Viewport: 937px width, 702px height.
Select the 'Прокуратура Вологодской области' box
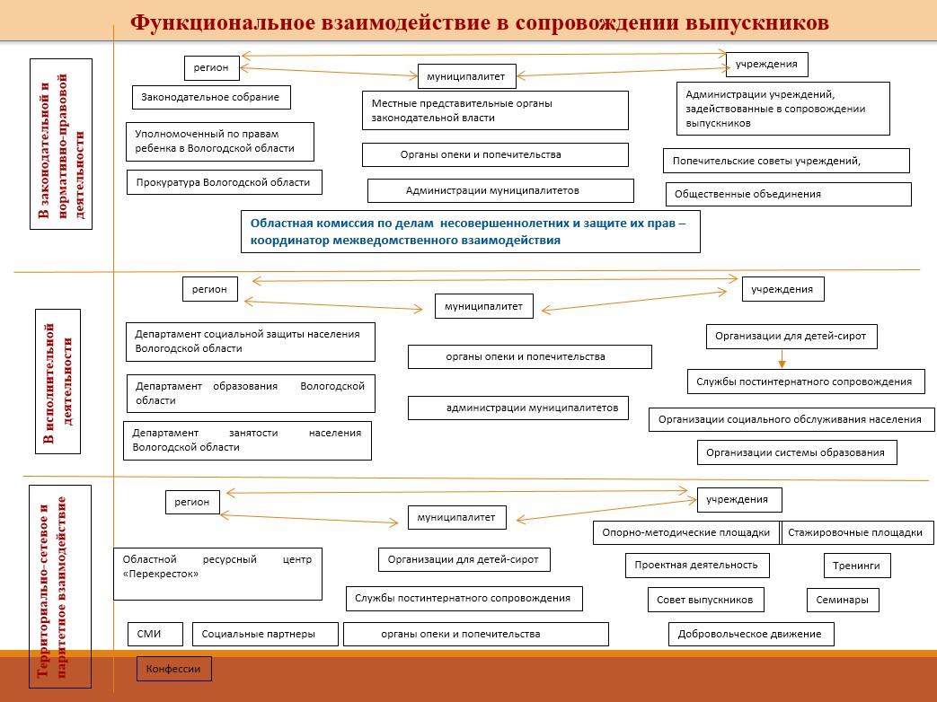pyautogui.click(x=224, y=182)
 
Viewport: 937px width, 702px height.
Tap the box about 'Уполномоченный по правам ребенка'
pyautogui.click(x=219, y=142)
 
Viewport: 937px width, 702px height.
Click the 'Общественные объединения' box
pyautogui.click(x=789, y=194)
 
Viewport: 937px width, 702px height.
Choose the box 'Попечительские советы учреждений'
pyautogui.click(x=786, y=161)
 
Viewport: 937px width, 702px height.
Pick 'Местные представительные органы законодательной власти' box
pyautogui.click(x=494, y=110)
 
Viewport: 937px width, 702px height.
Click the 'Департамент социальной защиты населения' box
pyautogui.click(x=249, y=341)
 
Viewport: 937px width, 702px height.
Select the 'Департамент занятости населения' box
pyautogui.click(x=247, y=440)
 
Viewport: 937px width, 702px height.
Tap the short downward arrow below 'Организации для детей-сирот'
pyautogui.click(x=782, y=359)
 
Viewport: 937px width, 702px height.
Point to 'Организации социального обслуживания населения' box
pyautogui.click(x=790, y=419)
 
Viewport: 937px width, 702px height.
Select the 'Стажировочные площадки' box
pyautogui.click(x=854, y=532)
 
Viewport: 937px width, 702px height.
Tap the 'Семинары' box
pyautogui.click(x=842, y=600)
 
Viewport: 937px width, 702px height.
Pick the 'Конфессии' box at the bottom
pyautogui.click(x=174, y=669)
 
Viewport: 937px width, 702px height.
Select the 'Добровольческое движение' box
pyautogui.click(x=751, y=635)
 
